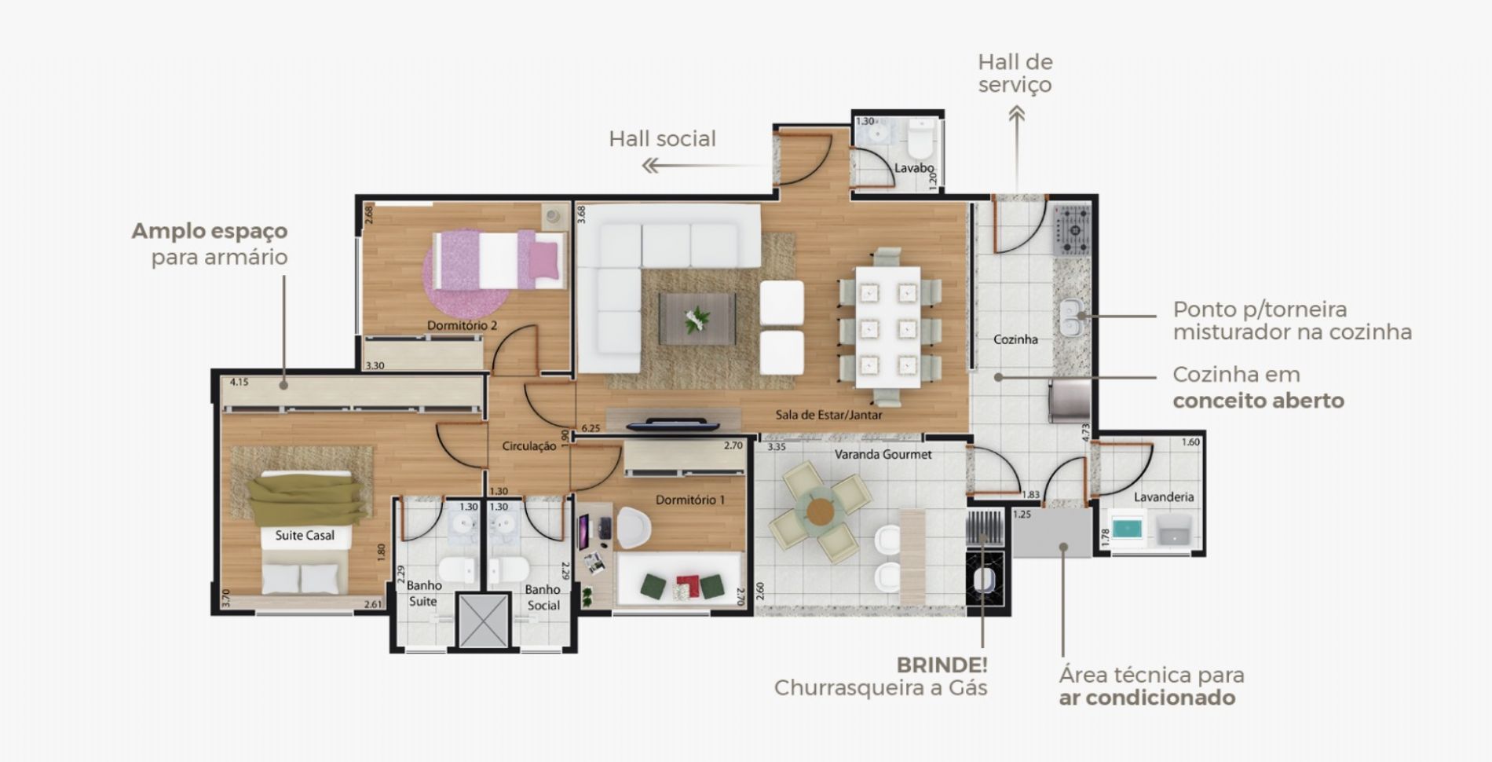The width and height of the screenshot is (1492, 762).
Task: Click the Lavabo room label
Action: pyautogui.click(x=914, y=168)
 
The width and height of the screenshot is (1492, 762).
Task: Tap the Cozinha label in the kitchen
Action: pyautogui.click(x=1015, y=339)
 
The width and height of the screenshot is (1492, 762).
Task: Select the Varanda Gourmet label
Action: pyautogui.click(x=883, y=454)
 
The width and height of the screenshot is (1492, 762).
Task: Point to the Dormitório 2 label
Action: pyautogui.click(x=462, y=325)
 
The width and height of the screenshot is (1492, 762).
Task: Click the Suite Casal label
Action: pyautogui.click(x=305, y=535)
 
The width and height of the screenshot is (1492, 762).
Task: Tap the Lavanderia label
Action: pyautogui.click(x=1164, y=496)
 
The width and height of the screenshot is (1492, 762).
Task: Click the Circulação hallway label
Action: pyautogui.click(x=529, y=446)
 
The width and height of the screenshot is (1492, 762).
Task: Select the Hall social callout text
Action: pyautogui.click(x=663, y=139)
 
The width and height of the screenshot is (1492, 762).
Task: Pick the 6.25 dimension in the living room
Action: pyautogui.click(x=590, y=429)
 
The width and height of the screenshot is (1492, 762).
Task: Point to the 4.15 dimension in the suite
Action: pyautogui.click(x=239, y=383)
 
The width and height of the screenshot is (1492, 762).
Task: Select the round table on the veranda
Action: pyautogui.click(x=820, y=511)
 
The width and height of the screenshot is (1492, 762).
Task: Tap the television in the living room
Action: pyautogui.click(x=673, y=424)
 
